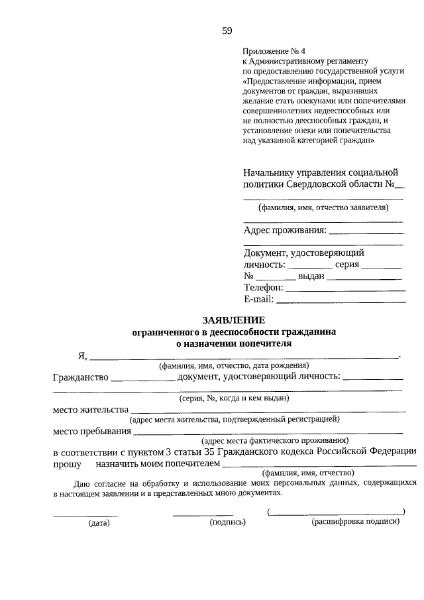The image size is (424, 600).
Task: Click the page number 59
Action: pos(227,30)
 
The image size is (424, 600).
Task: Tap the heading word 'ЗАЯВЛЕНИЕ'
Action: pos(229,319)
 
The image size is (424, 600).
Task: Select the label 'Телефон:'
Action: pos(263,288)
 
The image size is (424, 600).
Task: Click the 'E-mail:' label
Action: pos(258,299)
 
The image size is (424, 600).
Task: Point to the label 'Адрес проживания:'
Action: pos(285,230)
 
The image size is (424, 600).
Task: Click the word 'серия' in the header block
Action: pos(346,264)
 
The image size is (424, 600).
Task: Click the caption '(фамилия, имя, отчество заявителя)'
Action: pos(323,208)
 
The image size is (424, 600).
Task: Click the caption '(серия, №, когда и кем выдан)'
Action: pos(235,398)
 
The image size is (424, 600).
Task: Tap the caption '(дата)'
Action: pos(99,522)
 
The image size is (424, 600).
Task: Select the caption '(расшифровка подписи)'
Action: pos(356,522)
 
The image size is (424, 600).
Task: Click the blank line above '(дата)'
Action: pos(85,514)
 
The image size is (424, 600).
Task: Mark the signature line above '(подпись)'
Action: pos(203,514)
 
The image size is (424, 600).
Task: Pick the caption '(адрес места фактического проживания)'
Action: pos(275,440)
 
